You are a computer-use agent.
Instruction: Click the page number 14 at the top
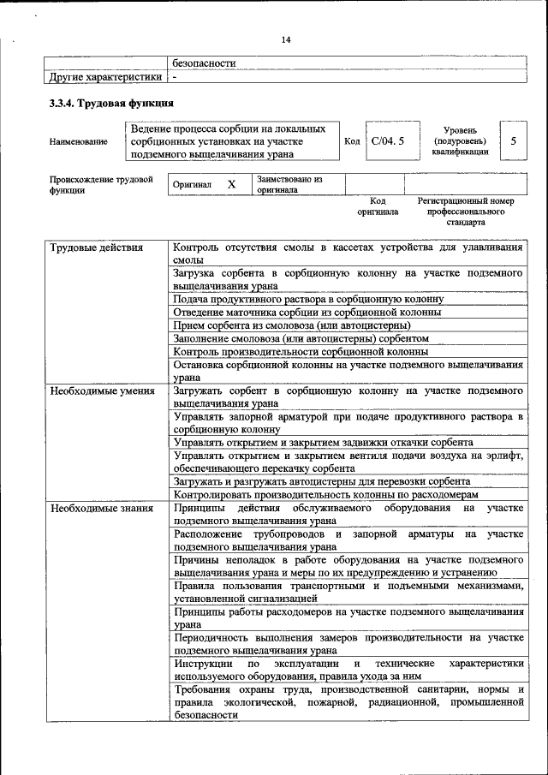[285, 39]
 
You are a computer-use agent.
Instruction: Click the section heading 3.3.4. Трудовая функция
[111, 104]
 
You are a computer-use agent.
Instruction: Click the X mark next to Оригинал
[231, 184]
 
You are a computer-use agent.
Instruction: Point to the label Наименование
[79, 141]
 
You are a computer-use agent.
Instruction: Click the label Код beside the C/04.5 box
[351, 141]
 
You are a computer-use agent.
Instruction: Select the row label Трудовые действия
[85, 248]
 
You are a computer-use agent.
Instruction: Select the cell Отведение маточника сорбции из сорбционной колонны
[307, 312]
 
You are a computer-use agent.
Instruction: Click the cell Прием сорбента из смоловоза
[298, 325]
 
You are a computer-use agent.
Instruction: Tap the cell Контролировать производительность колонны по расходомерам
[337, 494]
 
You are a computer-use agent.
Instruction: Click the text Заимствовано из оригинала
[289, 184]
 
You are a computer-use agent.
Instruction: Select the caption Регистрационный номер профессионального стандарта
[465, 211]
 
